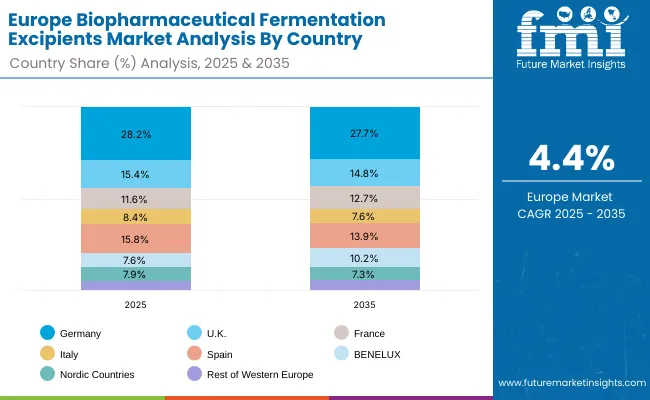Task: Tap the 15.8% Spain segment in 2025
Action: [x=136, y=238]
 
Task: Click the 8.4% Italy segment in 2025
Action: [x=136, y=216]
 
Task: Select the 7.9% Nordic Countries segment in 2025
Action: [x=136, y=274]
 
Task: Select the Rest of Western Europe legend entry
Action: [x=250, y=374]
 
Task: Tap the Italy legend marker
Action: [x=47, y=353]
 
